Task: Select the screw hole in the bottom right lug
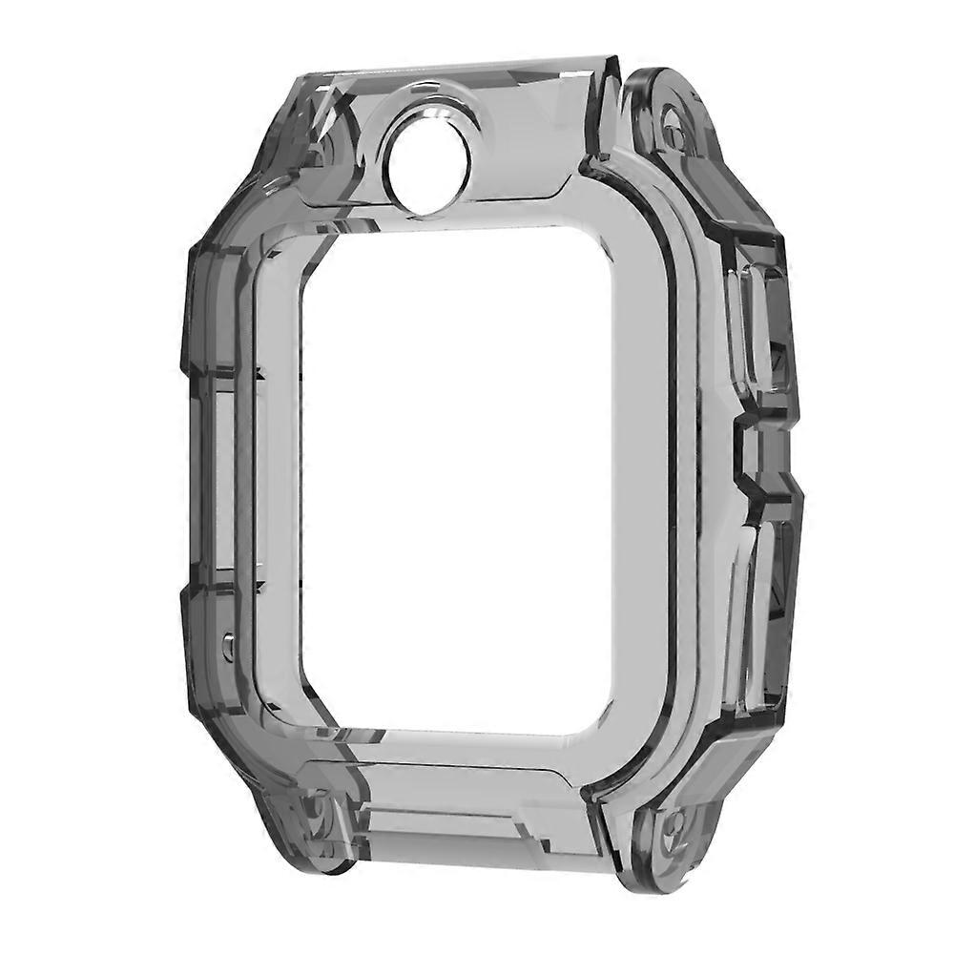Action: pyautogui.click(x=674, y=822)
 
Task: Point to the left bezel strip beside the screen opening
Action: pyautogui.click(x=277, y=477)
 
